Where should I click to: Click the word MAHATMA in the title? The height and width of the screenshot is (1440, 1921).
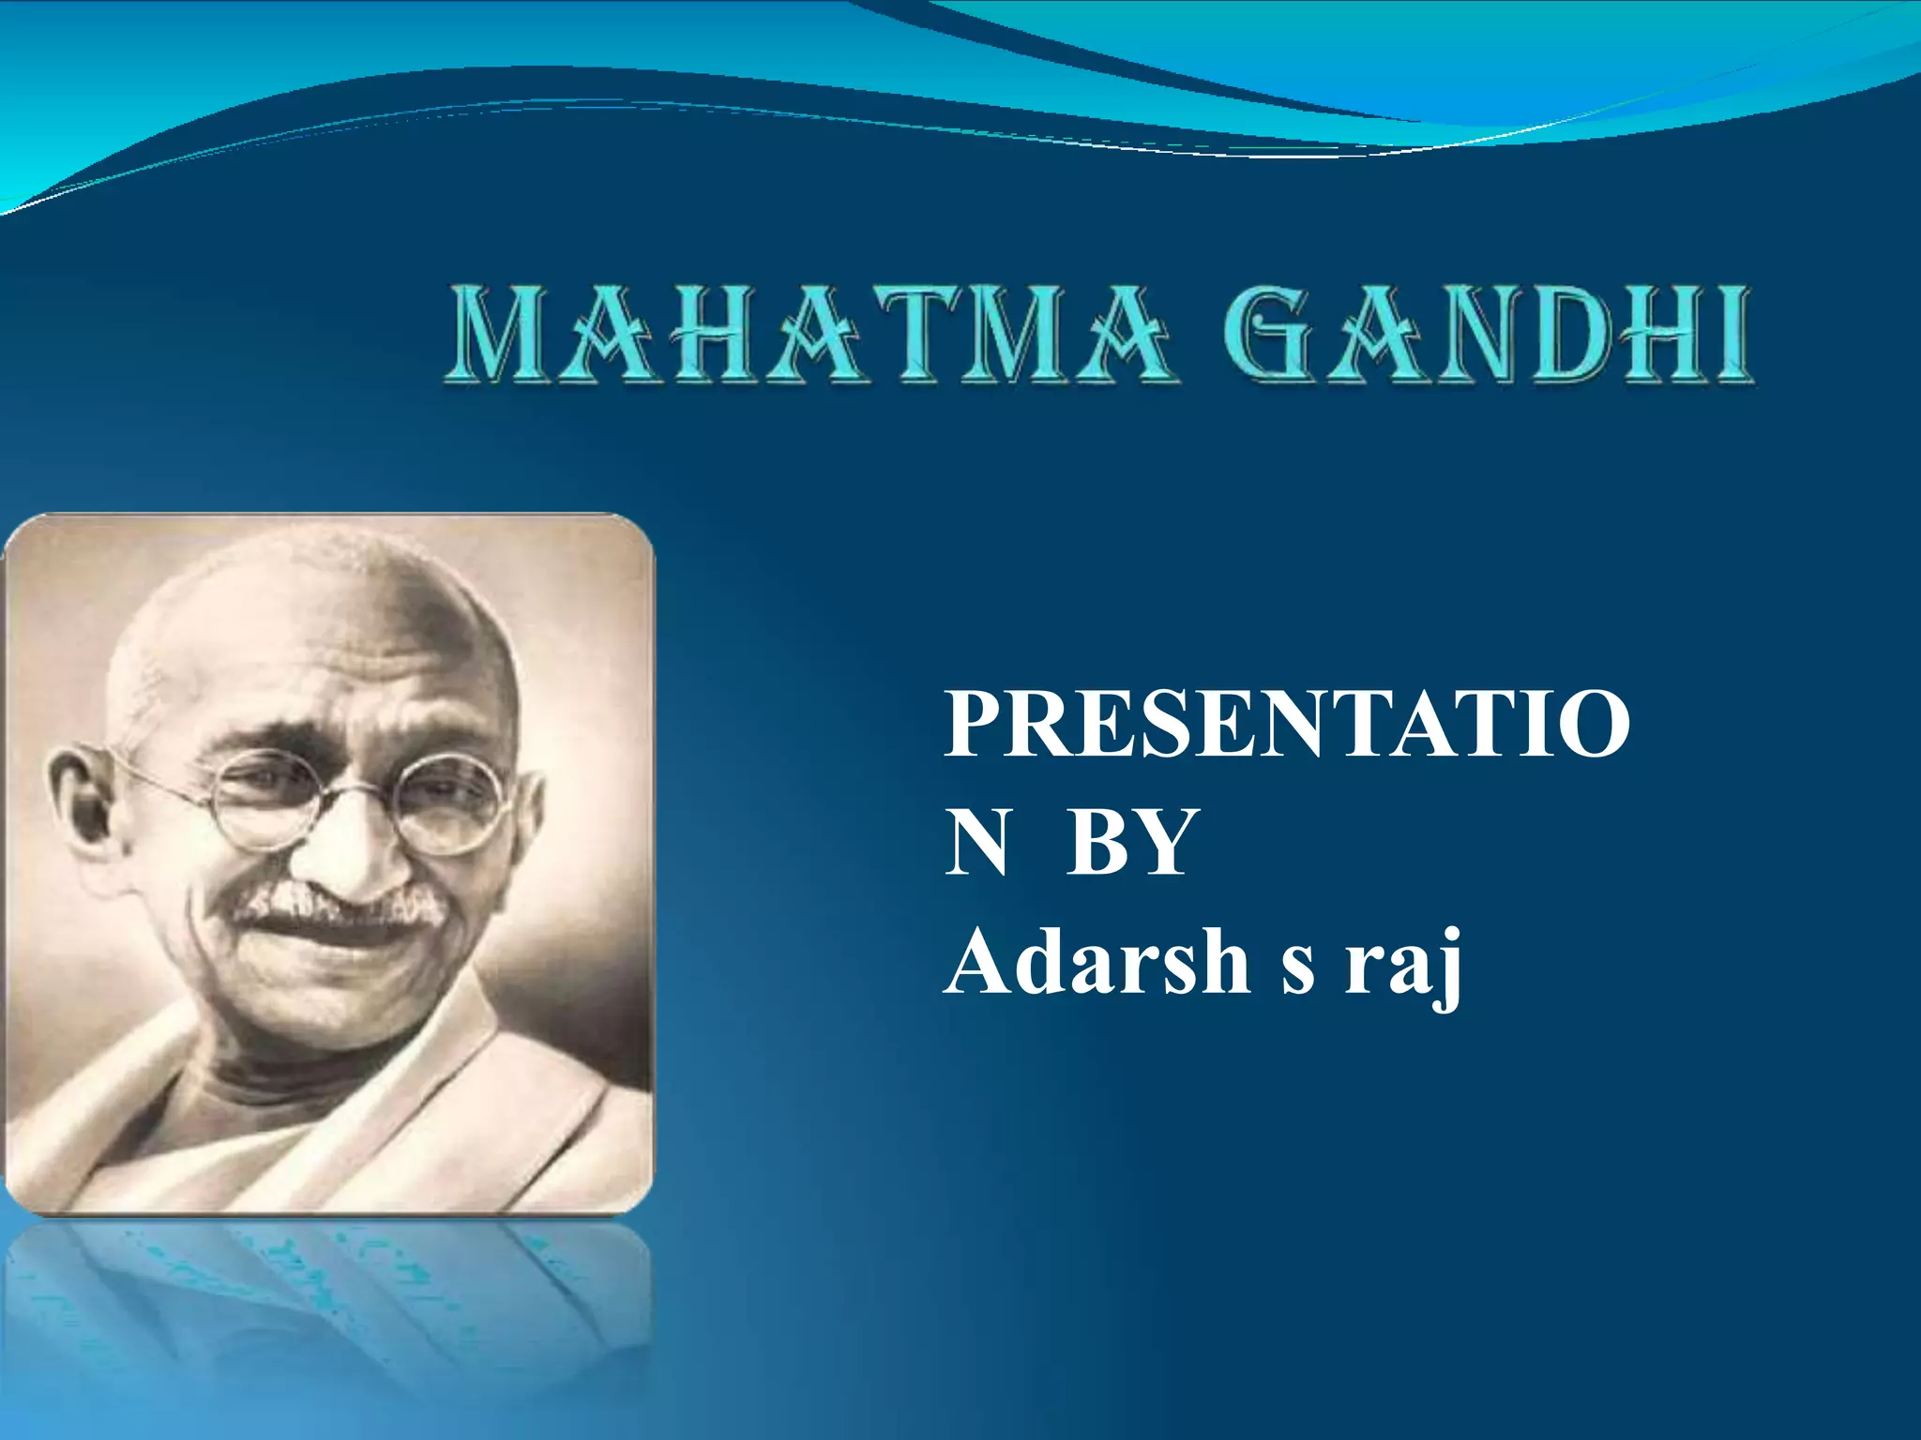tap(811, 335)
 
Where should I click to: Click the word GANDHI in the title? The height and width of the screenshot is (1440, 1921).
tap(1487, 335)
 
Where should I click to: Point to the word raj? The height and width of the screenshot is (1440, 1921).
tap(1402, 966)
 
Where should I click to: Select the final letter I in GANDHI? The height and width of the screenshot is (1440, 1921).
tap(1728, 335)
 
